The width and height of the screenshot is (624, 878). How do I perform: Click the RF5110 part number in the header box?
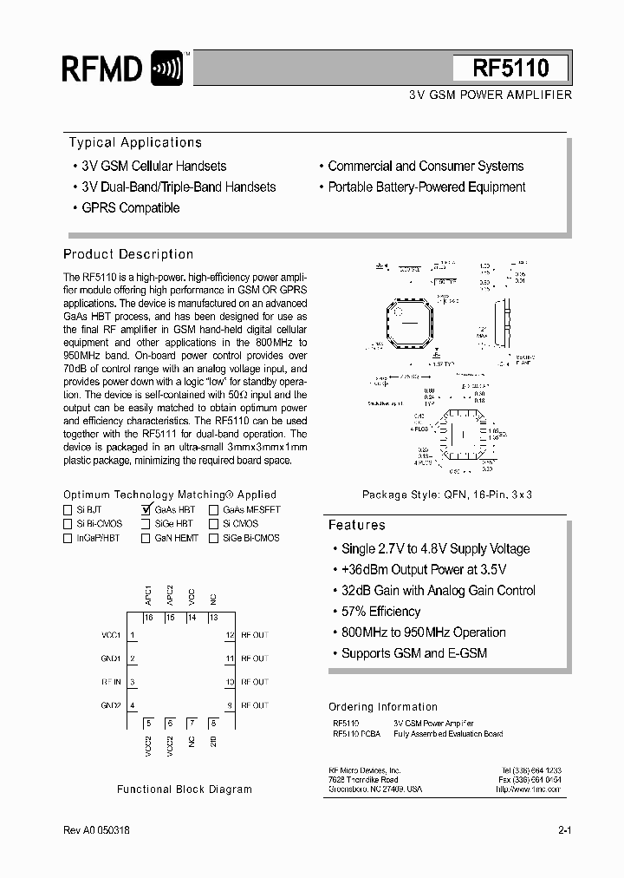(510, 69)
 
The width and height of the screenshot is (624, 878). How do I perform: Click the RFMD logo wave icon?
(166, 69)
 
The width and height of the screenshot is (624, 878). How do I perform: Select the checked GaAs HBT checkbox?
(146, 510)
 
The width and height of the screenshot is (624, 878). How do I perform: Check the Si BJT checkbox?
(68, 510)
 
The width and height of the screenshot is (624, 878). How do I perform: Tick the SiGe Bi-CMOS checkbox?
(213, 538)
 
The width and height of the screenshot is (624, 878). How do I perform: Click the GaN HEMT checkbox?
(146, 538)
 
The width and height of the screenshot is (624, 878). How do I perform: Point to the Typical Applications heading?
(135, 142)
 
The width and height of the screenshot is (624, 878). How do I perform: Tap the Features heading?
(356, 525)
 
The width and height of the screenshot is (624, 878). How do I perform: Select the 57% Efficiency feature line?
(380, 612)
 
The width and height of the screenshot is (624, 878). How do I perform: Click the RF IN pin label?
(111, 682)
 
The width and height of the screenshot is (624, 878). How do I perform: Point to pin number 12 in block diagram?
(230, 635)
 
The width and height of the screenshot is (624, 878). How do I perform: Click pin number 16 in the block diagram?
(149, 618)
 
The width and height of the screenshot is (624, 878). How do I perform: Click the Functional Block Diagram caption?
(185, 790)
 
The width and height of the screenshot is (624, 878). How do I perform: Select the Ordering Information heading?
(383, 707)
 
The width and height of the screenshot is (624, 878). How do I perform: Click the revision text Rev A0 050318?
(97, 830)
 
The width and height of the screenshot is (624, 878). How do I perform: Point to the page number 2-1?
(564, 830)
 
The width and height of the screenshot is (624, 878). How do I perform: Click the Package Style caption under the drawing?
(446, 495)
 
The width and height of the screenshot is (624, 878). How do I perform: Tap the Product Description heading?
(128, 254)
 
